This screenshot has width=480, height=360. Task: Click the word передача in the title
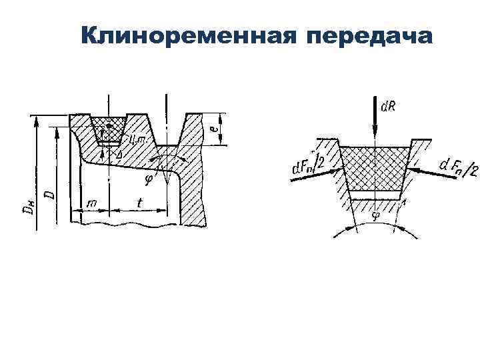pyautogui.click(x=369, y=36)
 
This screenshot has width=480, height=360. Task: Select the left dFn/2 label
pyautogui.click(x=309, y=165)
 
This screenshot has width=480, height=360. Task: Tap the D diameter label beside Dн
pyautogui.click(x=49, y=195)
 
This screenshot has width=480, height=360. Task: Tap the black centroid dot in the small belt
pyautogui.click(x=108, y=126)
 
